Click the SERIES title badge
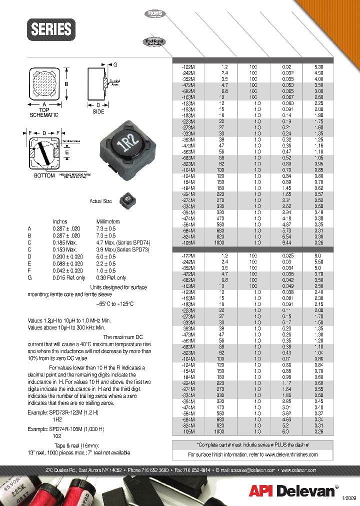[51, 29]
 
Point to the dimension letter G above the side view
[115, 65]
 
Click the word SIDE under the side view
[98, 111]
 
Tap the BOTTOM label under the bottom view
[44, 176]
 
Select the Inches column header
[60, 221]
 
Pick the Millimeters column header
[108, 221]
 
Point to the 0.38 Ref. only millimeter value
[111, 277]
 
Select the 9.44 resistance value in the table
[286, 242]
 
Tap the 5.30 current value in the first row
[319, 66]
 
